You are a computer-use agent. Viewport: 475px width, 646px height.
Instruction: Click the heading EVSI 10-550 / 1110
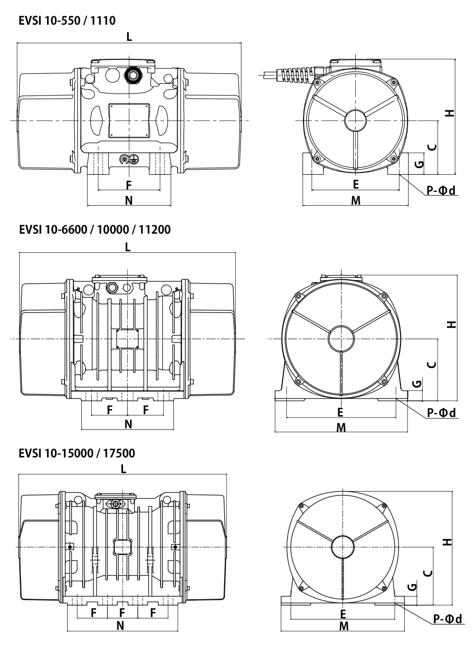point(67,21)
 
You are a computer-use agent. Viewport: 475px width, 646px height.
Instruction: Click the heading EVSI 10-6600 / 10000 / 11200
point(95,229)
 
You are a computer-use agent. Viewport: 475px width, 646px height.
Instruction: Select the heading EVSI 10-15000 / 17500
point(77,453)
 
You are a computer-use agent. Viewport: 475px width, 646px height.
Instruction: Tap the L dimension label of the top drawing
point(129,37)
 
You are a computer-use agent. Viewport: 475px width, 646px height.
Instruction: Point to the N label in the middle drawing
point(128,424)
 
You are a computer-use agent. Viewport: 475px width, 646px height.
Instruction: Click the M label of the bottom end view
point(344,634)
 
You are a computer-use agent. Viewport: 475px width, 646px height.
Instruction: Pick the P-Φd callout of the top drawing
point(441,190)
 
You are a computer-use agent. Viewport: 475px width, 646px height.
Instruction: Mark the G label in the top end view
point(419,164)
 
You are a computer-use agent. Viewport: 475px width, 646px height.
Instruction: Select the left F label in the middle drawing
point(109,410)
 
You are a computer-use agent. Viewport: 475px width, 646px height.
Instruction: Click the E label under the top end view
point(356,185)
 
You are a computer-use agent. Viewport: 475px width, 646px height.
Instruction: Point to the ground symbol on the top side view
point(134,159)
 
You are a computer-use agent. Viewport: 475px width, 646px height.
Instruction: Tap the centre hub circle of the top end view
point(356,120)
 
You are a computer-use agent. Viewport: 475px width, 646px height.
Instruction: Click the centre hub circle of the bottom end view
point(342,547)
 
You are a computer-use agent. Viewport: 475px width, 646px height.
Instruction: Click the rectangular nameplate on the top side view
point(129,120)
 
